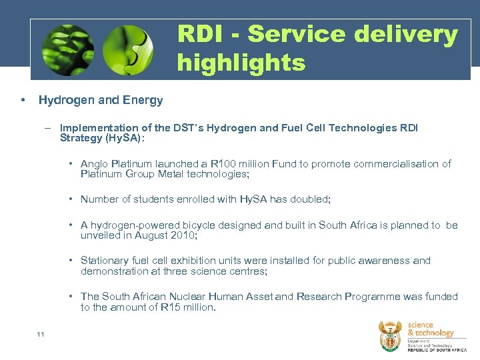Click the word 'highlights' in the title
click(241, 63)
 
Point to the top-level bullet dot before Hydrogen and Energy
click(23, 100)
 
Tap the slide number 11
click(41, 334)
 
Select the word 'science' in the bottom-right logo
click(421, 325)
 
